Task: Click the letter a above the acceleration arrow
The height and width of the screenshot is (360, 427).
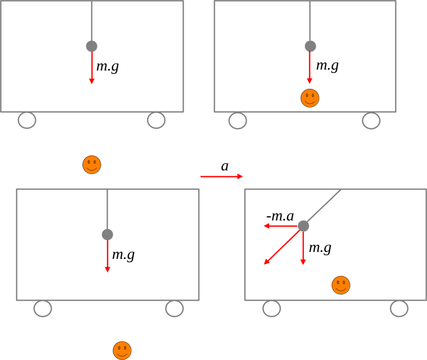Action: click(225, 166)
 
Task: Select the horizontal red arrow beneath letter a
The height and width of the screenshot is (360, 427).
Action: click(221, 176)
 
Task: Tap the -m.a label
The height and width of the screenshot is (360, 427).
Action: click(280, 216)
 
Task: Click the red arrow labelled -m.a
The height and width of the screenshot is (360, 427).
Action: click(281, 226)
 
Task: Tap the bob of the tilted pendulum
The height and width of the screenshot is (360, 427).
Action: click(304, 226)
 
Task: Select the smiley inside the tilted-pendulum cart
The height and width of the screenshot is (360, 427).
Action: click(341, 285)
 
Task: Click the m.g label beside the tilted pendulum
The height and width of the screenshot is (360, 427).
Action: click(320, 248)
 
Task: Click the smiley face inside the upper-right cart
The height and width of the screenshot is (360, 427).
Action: click(310, 98)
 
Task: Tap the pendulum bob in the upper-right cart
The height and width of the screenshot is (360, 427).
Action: click(310, 46)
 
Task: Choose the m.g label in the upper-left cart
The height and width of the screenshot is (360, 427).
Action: click(108, 66)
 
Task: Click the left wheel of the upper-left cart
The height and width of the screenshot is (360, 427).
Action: click(27, 120)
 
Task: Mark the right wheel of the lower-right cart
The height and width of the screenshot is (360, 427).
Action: click(399, 309)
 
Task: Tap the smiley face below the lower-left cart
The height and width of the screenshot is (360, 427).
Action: click(122, 350)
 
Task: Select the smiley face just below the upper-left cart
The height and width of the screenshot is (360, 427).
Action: click(92, 165)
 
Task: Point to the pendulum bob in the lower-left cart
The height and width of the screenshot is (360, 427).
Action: click(108, 234)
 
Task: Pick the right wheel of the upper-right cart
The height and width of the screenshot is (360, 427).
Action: click(371, 121)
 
